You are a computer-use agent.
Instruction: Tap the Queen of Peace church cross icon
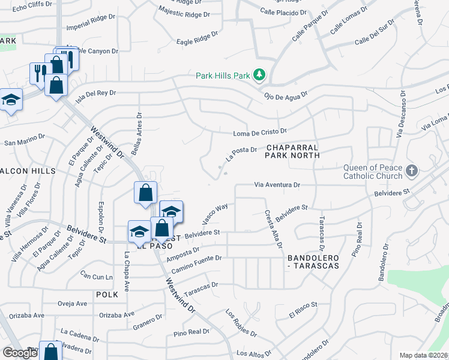(x=411, y=171)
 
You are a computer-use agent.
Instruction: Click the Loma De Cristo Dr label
(x=260, y=131)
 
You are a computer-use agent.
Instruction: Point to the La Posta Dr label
(x=241, y=154)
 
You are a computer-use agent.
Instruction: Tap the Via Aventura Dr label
(x=277, y=185)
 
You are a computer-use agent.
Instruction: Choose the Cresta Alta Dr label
(x=273, y=229)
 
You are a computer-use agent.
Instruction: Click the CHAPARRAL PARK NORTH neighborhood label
(x=292, y=151)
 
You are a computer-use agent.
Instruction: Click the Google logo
(x=19, y=353)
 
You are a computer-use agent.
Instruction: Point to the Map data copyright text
(x=423, y=355)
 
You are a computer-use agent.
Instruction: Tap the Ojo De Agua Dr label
(x=286, y=95)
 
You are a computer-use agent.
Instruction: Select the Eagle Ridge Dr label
(x=197, y=39)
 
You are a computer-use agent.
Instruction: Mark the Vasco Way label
(x=214, y=214)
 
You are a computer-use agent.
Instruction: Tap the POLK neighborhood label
(x=103, y=295)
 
